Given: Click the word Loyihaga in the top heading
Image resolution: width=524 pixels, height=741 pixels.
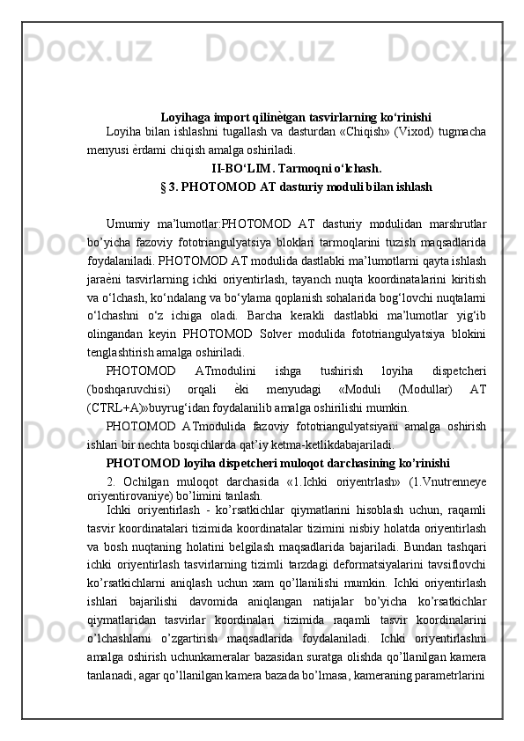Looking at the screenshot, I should [x=185, y=117].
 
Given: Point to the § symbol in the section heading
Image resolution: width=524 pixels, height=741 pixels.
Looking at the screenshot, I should [x=165, y=187].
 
